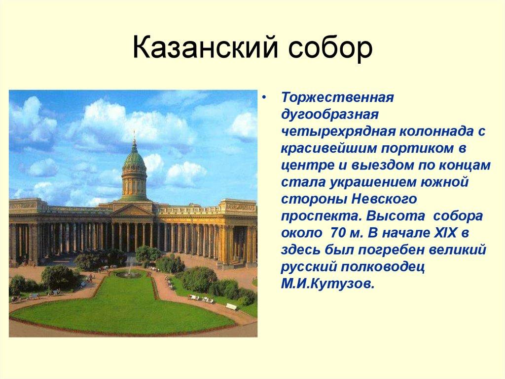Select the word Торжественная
coord(336,96)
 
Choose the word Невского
coord(377,199)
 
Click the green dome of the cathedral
coord(134,161)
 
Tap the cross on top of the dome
coord(134,134)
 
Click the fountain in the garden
coord(129,271)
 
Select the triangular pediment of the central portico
coord(133,210)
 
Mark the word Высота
coord(390,216)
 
